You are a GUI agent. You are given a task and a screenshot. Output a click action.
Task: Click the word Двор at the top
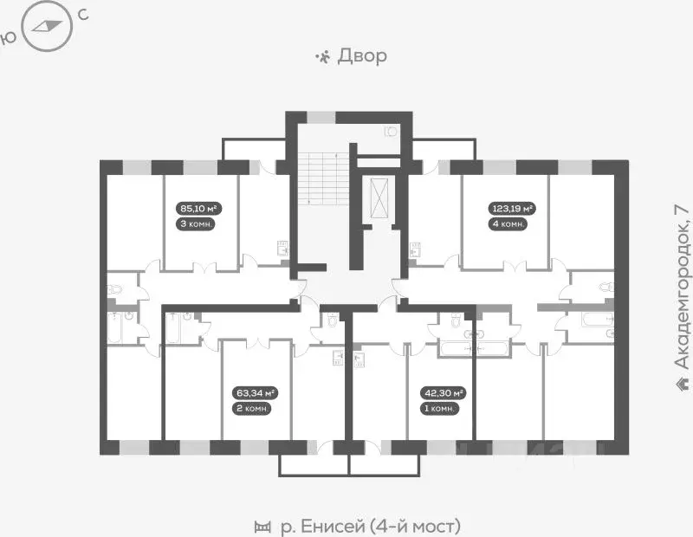tap(362, 56)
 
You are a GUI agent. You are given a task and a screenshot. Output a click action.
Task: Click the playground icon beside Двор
tap(322, 57)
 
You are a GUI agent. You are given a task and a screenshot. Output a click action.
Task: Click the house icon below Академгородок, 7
tap(682, 382)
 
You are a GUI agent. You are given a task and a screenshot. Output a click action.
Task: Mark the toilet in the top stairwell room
tap(390, 133)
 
